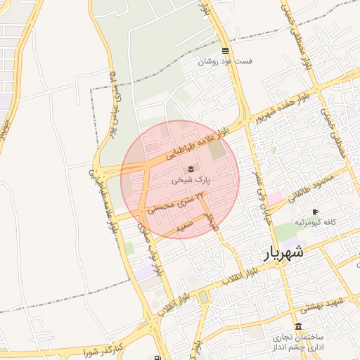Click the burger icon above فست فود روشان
(224, 51)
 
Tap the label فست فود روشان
(224, 62)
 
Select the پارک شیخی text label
(191, 180)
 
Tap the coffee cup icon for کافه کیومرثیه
(315, 212)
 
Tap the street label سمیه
(184, 226)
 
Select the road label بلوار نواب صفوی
(148, 250)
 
